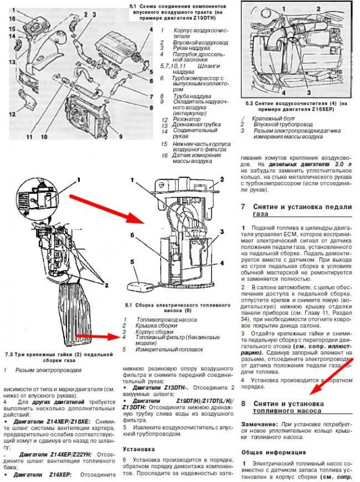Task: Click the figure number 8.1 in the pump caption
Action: click(130, 304)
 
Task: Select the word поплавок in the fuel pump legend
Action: click(194, 349)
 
